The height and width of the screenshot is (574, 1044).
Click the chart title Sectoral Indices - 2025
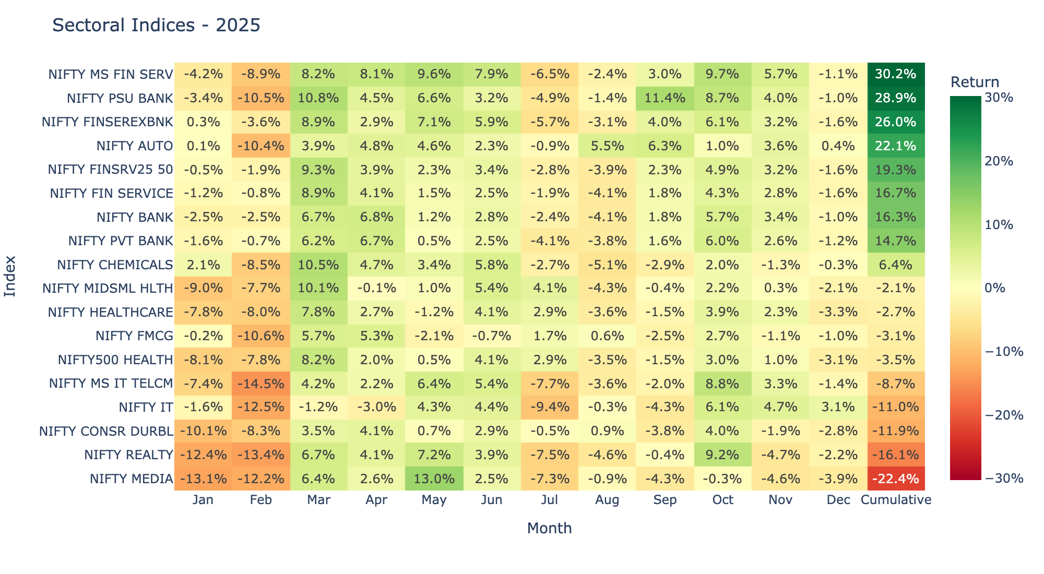tap(156, 25)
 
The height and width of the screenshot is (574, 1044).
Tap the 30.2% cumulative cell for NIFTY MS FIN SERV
tap(896, 74)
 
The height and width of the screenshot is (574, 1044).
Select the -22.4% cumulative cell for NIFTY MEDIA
tap(896, 479)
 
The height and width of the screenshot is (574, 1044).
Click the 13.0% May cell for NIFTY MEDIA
tap(434, 479)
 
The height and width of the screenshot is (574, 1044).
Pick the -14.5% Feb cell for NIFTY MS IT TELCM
tap(260, 384)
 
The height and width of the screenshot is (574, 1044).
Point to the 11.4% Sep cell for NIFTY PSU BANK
tap(665, 98)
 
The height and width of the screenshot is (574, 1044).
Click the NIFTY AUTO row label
tap(135, 146)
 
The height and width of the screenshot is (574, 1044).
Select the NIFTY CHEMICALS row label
tap(115, 265)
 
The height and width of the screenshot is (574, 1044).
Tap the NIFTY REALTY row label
tap(128, 455)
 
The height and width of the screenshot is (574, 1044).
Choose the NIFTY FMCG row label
tap(134, 336)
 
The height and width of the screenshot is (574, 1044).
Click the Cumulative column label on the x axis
tap(896, 500)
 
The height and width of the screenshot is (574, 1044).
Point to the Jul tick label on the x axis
tap(549, 500)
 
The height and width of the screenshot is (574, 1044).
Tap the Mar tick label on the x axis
tap(318, 500)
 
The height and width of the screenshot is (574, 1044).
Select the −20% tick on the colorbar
tap(1003, 415)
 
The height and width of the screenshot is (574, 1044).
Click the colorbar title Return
tap(975, 82)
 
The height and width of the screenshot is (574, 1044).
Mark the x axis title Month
tap(549, 529)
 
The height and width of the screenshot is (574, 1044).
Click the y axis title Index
tap(10, 276)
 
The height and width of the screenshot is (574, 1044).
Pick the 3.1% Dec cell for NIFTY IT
tap(838, 407)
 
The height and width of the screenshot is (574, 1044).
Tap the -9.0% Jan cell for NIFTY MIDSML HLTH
tap(203, 288)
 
